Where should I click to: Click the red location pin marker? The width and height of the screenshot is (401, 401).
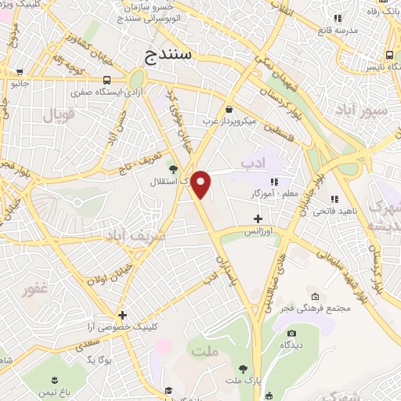click(x=201, y=184)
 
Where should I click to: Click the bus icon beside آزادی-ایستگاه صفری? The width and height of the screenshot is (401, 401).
click(x=107, y=79)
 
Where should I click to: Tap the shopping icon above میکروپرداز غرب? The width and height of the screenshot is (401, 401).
click(x=229, y=110)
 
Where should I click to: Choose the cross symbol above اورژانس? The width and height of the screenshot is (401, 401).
click(x=258, y=219)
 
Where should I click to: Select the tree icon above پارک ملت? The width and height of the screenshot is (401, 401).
click(x=244, y=368)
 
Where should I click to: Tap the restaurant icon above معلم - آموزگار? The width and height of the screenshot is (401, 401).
click(x=274, y=181)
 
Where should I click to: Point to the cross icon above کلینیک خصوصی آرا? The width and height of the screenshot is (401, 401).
click(x=122, y=315)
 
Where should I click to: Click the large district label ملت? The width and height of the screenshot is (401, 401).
click(x=204, y=352)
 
